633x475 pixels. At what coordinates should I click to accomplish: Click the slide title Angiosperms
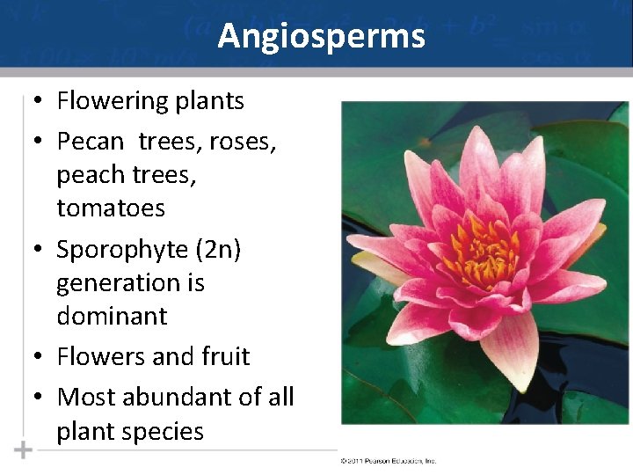point(321,36)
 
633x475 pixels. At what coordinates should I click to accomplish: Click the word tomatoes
point(111,208)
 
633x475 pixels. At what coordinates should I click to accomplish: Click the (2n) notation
point(217,250)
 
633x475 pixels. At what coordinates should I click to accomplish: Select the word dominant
point(112,316)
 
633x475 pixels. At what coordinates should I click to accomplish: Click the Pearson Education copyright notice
point(387,461)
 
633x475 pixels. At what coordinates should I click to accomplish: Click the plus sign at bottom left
point(23,450)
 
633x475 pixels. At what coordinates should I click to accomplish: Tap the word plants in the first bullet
point(212,101)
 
